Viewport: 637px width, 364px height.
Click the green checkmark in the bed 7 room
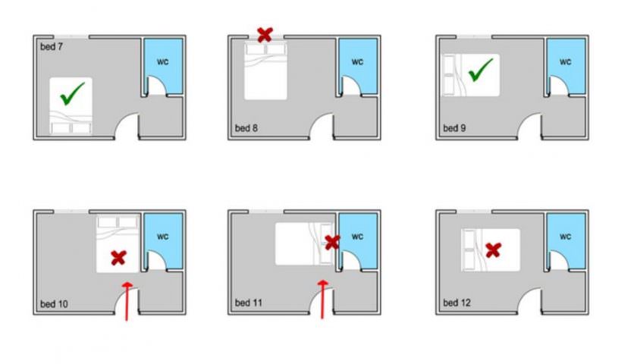coord(71,94)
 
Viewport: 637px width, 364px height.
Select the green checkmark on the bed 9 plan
coord(479,73)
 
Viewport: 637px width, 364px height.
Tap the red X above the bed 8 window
coord(265,34)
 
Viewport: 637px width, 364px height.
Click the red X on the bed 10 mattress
coord(118,258)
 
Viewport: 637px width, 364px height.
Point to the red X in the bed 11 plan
coord(331,243)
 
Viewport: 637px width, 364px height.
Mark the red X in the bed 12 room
coord(493,249)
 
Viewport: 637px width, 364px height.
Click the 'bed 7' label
coord(52,47)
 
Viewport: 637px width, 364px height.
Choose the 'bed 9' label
coord(455,127)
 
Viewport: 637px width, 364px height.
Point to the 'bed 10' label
coord(54,304)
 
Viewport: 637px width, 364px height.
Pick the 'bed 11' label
coord(248,303)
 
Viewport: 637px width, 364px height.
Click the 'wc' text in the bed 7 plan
coord(163,61)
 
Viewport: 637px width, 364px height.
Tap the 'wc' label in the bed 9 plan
coord(565,61)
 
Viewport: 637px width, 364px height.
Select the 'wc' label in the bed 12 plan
coord(565,236)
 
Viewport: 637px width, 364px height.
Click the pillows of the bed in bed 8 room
coord(265,49)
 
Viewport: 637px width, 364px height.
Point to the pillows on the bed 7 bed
coord(71,127)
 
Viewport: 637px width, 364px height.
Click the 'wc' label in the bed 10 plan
coord(163,236)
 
